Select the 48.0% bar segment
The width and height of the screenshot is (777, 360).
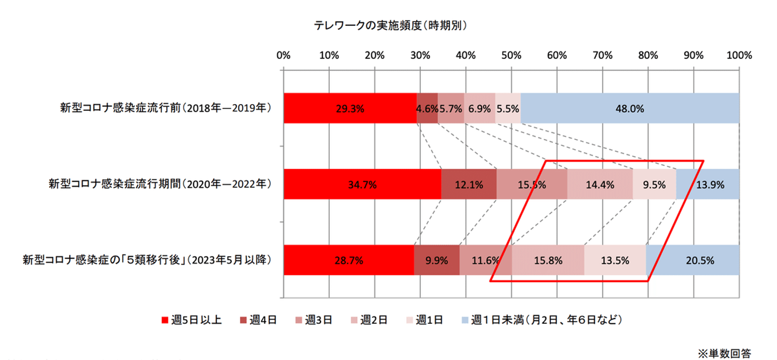tap(630, 108)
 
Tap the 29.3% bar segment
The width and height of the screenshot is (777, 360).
tap(350, 108)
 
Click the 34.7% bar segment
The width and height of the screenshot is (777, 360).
tap(362, 184)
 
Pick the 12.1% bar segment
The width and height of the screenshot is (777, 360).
tap(469, 184)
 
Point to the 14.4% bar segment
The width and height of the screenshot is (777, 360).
tap(600, 184)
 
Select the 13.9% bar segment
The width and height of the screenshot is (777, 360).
tap(707, 184)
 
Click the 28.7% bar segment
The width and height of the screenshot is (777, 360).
tap(349, 260)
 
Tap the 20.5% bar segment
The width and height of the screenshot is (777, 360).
tap(692, 260)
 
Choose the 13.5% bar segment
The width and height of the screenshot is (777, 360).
tap(615, 260)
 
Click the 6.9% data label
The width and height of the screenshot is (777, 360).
tap(479, 108)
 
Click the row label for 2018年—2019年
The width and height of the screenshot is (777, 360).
tap(165, 108)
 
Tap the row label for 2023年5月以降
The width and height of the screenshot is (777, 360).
tap(146, 260)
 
